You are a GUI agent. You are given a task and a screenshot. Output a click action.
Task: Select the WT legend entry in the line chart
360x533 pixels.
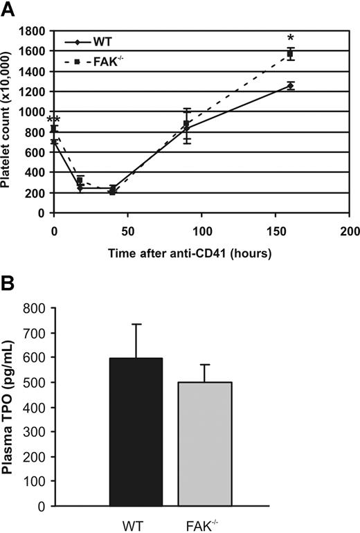point(97,43)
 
